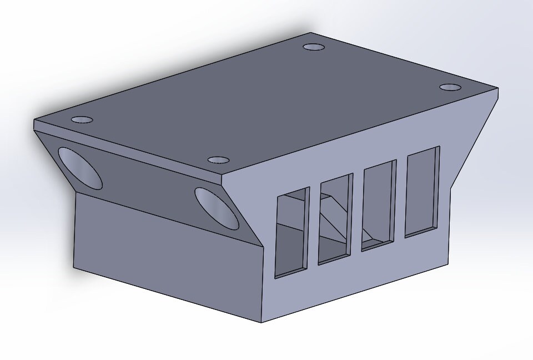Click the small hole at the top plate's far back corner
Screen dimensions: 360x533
pos(314,47)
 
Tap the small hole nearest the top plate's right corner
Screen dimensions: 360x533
pos(450,88)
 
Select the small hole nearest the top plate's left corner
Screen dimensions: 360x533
pos(82,119)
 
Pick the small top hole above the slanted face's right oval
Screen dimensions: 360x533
pos(219,160)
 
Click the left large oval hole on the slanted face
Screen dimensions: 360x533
pos(80,167)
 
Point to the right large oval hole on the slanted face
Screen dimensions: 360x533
pos(216,208)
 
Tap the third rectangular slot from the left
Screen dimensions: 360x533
pos(379,205)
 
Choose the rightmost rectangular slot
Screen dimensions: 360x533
pos(423,191)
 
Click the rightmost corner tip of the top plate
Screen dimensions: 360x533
pos(497,89)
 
